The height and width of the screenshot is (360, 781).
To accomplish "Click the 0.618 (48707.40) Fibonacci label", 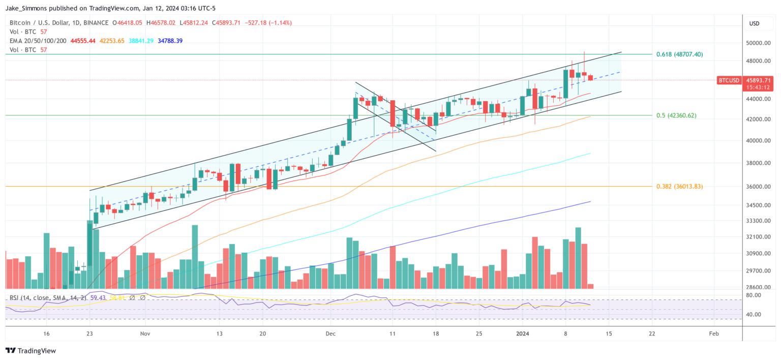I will (x=679, y=54).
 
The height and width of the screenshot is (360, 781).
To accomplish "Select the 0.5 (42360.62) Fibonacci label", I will (x=676, y=115).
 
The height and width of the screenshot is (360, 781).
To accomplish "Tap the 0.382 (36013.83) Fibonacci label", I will (x=679, y=187).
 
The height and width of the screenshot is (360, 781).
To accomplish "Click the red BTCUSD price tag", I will (x=728, y=80).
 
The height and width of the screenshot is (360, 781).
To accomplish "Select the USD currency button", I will (x=754, y=23).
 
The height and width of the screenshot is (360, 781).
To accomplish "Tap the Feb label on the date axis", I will (x=713, y=334).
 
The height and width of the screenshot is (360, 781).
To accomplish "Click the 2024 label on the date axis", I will (x=523, y=334).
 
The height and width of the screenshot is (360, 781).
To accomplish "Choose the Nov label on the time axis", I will (x=145, y=334).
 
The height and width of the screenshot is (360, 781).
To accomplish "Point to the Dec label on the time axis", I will (x=331, y=334).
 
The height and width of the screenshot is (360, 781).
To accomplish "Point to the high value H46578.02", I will (x=161, y=23).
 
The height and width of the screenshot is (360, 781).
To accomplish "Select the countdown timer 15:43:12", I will (x=758, y=87).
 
